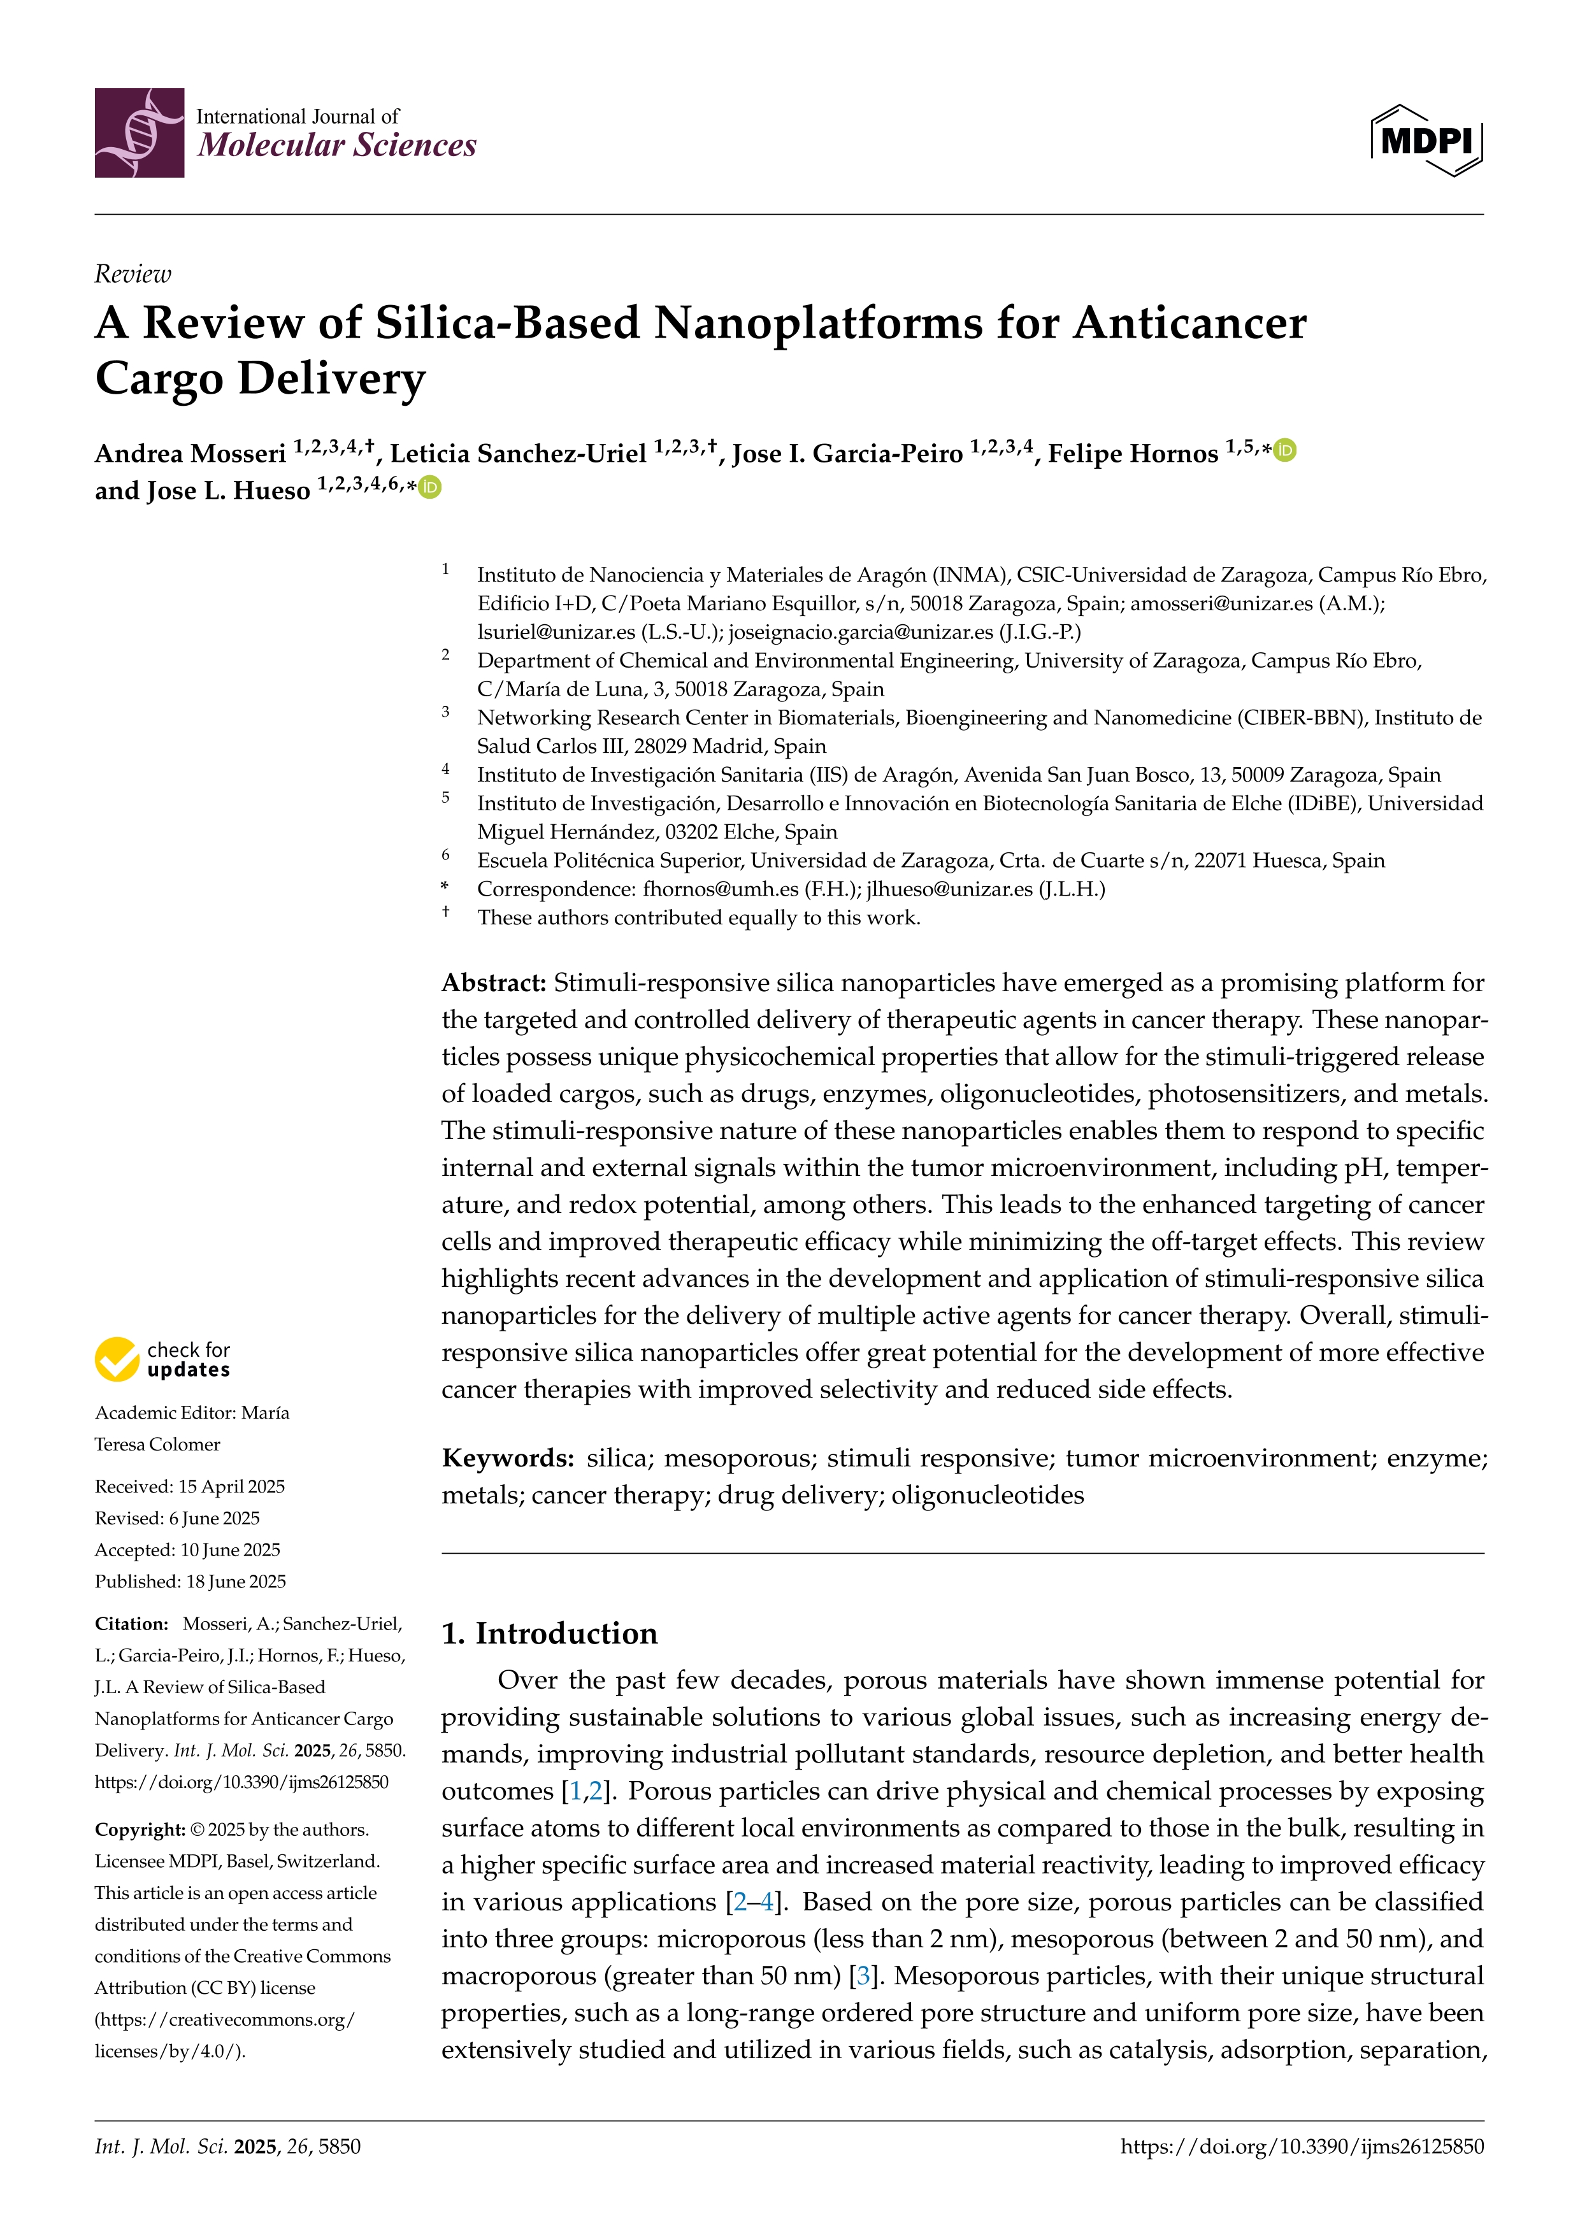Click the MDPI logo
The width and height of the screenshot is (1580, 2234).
point(1426,141)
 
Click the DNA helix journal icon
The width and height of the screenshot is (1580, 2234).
point(139,132)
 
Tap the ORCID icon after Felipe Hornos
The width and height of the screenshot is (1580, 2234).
point(1285,450)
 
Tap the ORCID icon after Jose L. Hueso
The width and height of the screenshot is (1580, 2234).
point(430,487)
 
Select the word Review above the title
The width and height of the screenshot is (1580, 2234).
point(133,275)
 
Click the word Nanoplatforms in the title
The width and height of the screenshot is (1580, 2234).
point(817,323)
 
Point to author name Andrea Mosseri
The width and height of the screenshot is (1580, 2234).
point(190,454)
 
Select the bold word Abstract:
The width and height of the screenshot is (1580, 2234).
point(494,983)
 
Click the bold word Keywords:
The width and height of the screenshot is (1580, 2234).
point(508,1457)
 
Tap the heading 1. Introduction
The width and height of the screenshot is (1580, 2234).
point(550,1633)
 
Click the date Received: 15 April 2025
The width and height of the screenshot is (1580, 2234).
point(190,1487)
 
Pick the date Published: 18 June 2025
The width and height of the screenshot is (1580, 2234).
point(190,1581)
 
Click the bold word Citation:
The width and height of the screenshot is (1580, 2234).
point(131,1624)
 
